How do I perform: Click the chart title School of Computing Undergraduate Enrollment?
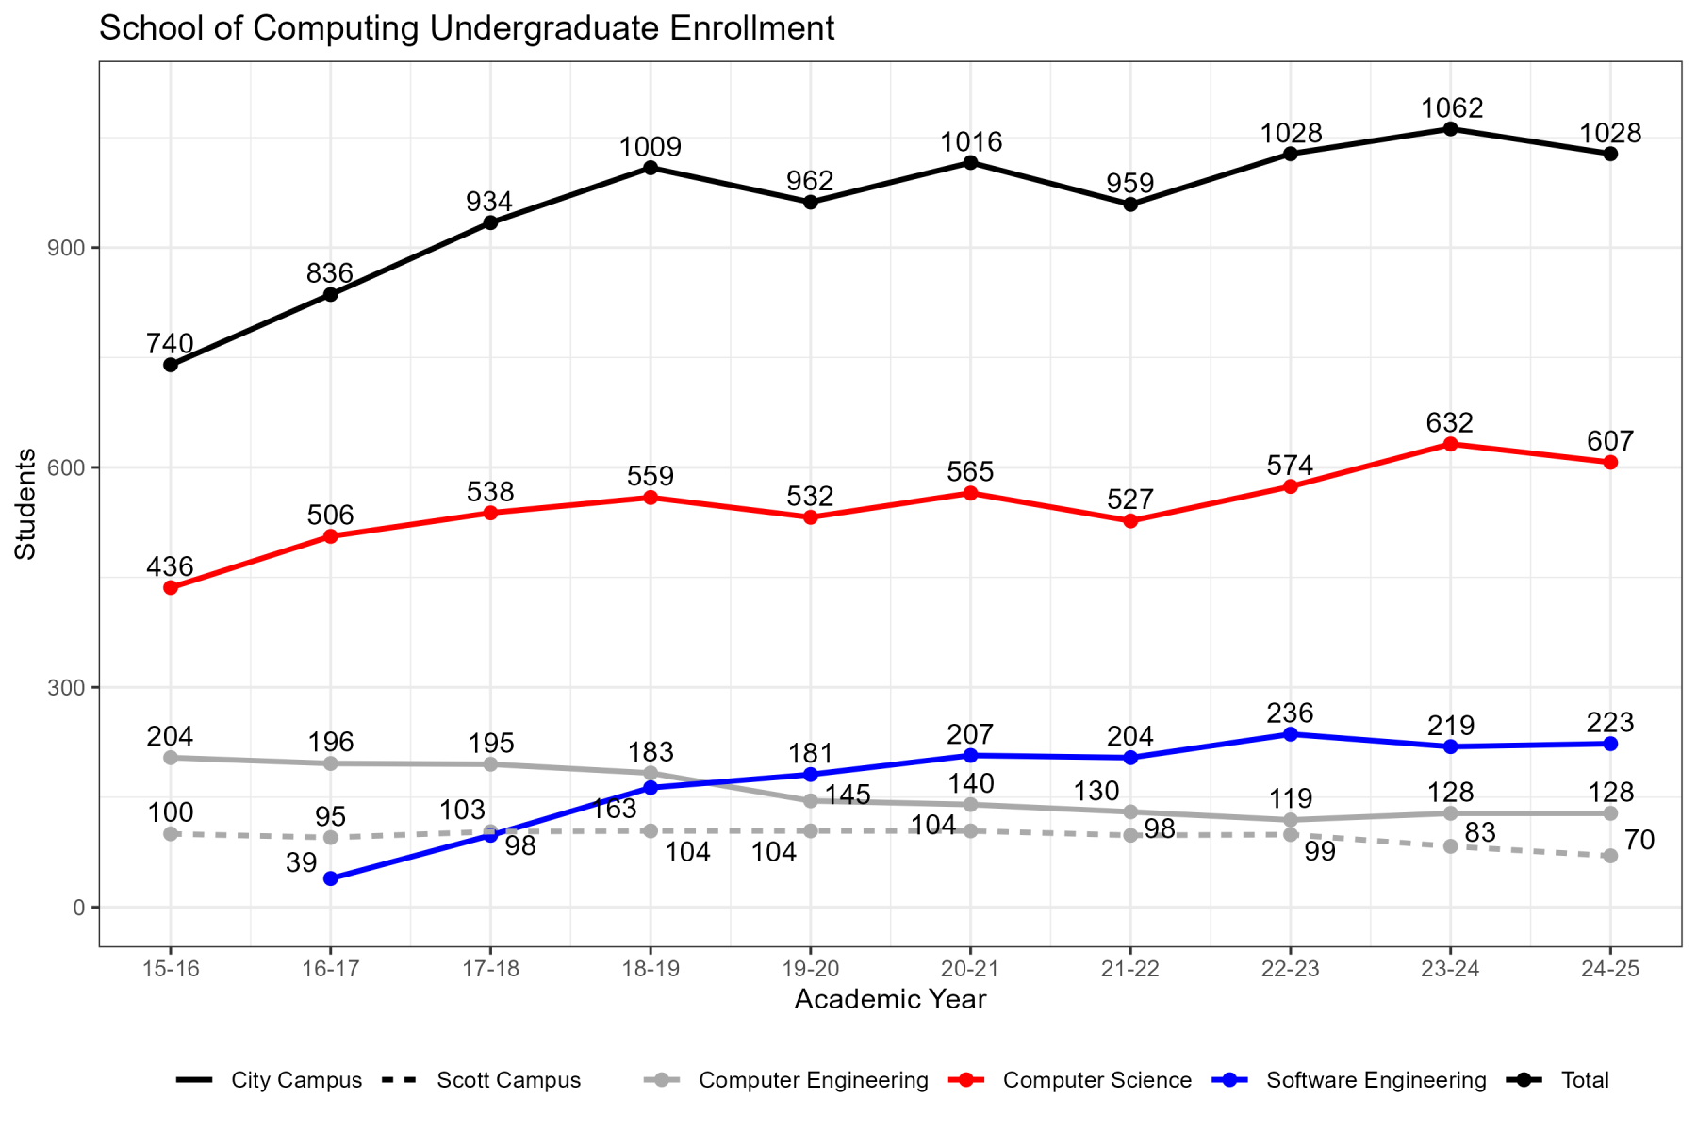(467, 28)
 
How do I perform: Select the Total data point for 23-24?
(1450, 129)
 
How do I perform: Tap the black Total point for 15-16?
(171, 365)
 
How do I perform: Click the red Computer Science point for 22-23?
(1291, 486)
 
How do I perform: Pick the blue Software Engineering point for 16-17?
(331, 878)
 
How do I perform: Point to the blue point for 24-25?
(1610, 744)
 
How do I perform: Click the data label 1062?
(1452, 107)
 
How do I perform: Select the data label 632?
(1450, 422)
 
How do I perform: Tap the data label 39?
(301, 862)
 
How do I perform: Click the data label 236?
(1291, 713)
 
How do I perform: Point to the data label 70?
(1640, 840)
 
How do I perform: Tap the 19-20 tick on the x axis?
(811, 969)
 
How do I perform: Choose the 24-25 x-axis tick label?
(1610, 969)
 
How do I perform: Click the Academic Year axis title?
(890, 999)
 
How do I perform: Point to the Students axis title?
(25, 503)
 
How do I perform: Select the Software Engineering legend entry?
(1376, 1080)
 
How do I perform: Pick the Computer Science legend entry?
(1096, 1080)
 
